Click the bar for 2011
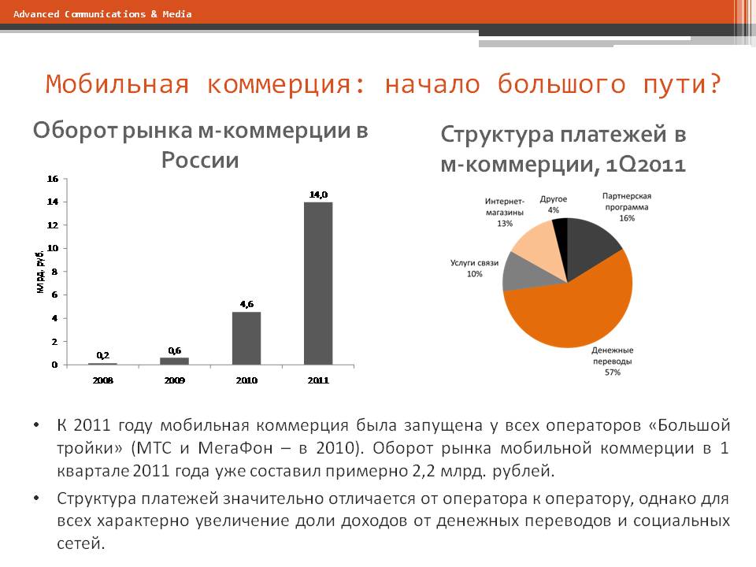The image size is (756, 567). click(x=318, y=283)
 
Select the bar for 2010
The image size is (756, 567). click(x=246, y=339)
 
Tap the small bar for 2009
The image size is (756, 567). click(x=175, y=361)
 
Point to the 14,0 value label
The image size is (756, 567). click(x=318, y=194)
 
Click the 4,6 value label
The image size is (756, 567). click(x=246, y=303)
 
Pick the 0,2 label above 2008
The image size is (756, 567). click(x=103, y=355)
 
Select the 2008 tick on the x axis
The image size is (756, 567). click(x=103, y=380)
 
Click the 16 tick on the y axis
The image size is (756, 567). click(x=54, y=179)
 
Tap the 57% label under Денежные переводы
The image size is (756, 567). click(x=613, y=372)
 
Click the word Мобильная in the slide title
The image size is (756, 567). click(x=117, y=84)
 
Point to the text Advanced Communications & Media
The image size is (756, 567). click(x=102, y=14)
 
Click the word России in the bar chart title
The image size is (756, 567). click(x=200, y=161)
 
